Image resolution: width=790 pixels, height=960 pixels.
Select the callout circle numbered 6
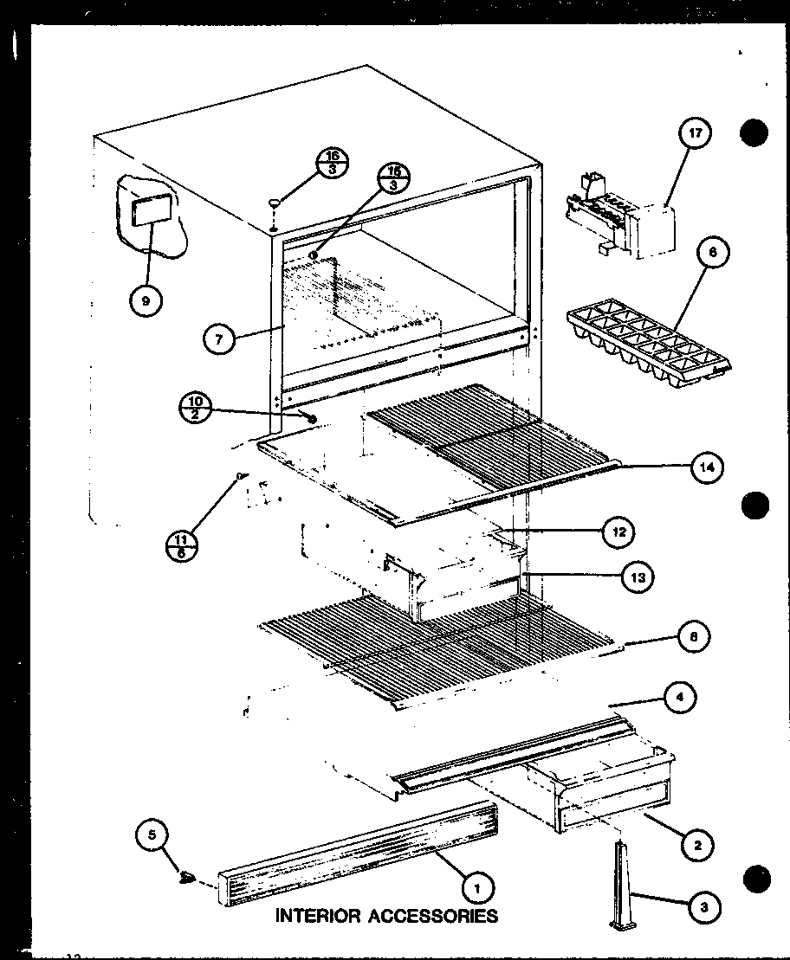point(712,253)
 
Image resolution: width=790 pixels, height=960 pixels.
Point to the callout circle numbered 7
point(218,340)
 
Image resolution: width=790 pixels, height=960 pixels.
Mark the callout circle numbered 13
point(638,577)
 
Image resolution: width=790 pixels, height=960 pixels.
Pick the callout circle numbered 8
point(694,638)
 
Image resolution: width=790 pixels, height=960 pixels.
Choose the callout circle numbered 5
point(152,836)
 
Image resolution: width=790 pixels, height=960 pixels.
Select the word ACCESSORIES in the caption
point(433,915)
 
